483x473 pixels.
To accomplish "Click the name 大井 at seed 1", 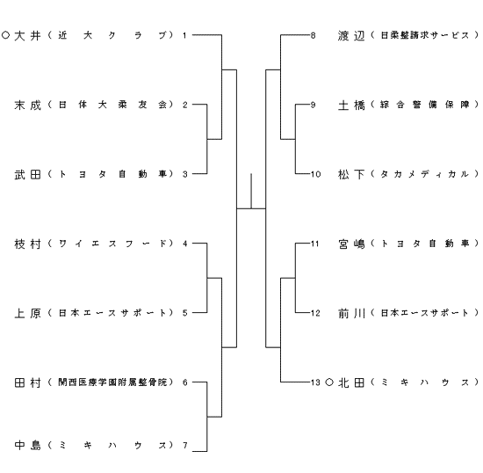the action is click(x=27, y=35).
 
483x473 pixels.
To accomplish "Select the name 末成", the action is click(x=27, y=106).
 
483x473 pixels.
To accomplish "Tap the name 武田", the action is click(x=27, y=175).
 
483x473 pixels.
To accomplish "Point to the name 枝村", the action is click(x=27, y=244).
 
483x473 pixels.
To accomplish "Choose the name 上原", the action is click(x=27, y=313).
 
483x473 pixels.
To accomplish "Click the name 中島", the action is click(x=27, y=445).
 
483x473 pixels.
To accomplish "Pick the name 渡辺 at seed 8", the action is click(x=351, y=35).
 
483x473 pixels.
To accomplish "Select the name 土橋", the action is click(x=351, y=106).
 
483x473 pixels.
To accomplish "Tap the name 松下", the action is click(x=351, y=175).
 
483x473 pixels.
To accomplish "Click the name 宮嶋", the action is click(x=351, y=244).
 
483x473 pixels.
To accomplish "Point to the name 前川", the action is click(x=351, y=313).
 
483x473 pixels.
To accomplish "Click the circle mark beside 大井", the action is click(x=5, y=35).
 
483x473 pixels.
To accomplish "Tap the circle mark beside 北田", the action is click(x=329, y=382).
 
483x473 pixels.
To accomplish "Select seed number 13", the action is click(x=315, y=382).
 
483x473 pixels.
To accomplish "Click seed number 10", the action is click(x=315, y=174).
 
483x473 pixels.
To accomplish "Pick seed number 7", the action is click(x=184, y=445).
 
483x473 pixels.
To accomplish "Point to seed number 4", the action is click(x=184, y=244).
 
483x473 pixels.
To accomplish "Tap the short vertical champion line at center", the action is click(x=251, y=191).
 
